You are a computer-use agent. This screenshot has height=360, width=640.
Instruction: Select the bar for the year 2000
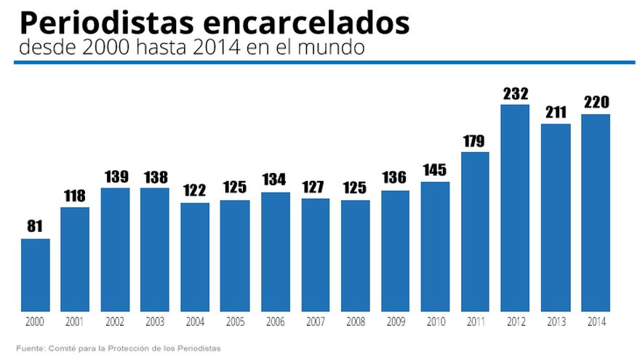point(35,274)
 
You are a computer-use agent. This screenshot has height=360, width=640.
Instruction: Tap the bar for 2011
point(475,231)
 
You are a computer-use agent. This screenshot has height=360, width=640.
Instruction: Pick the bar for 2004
point(195,256)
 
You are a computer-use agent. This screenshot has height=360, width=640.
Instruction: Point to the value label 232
point(515,94)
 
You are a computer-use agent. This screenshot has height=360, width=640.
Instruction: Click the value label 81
point(35,227)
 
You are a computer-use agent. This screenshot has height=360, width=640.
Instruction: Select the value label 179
point(475,140)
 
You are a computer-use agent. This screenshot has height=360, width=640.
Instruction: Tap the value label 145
point(435,171)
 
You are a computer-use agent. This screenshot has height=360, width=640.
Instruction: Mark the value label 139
point(115,177)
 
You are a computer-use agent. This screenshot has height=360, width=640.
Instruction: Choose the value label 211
point(555,113)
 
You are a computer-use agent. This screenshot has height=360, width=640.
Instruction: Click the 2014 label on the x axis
point(595,321)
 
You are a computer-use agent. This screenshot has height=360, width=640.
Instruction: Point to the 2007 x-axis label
point(315,321)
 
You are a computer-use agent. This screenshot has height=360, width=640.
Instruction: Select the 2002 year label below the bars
point(115,321)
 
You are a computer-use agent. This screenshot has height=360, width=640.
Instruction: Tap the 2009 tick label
point(395,321)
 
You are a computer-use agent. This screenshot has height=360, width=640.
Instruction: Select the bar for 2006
point(275,252)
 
